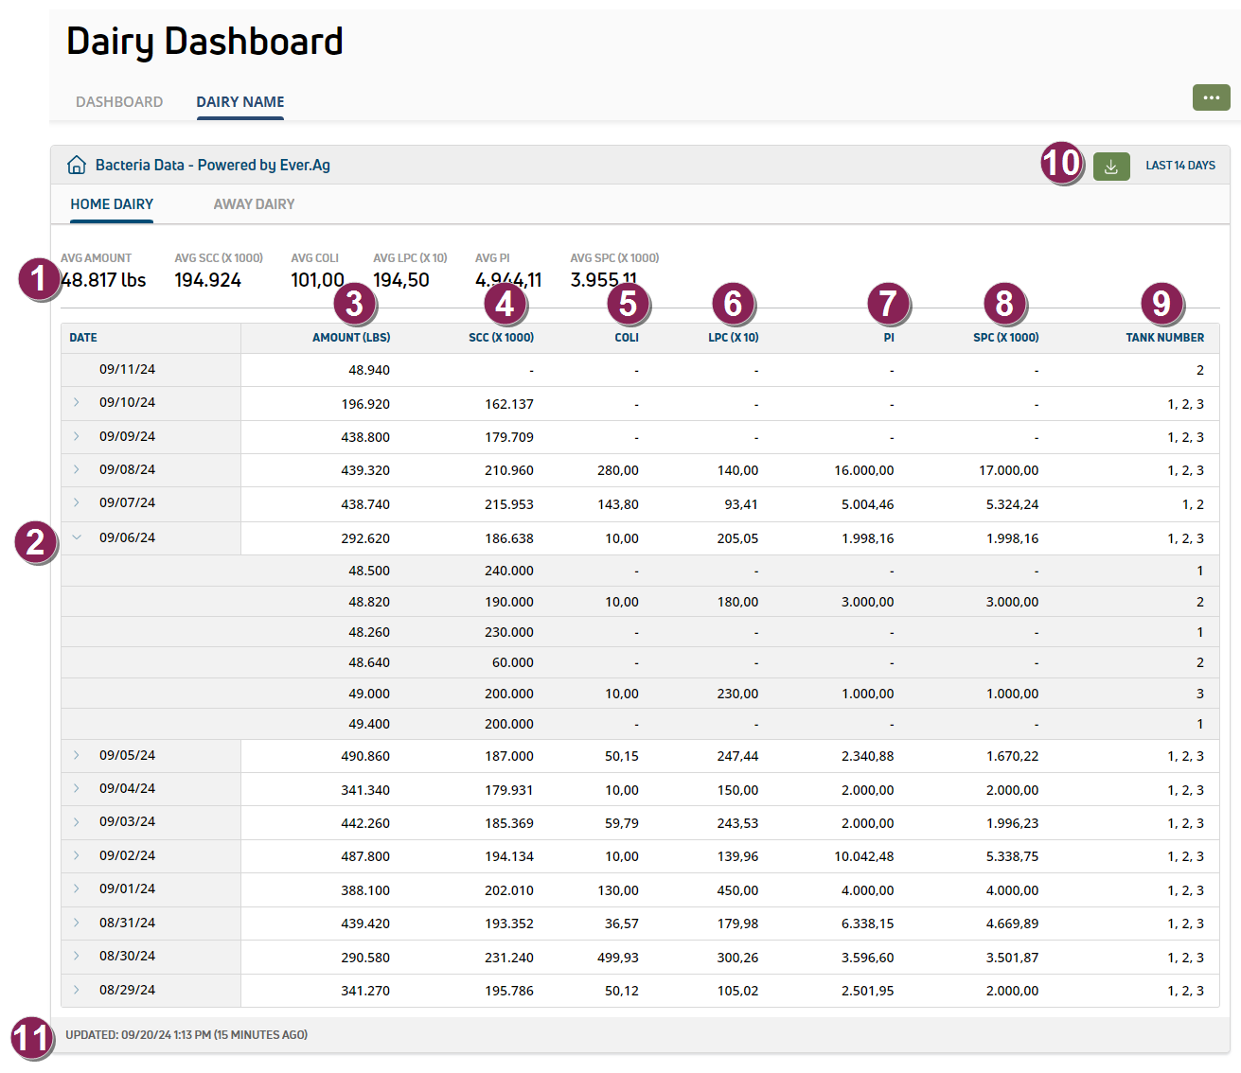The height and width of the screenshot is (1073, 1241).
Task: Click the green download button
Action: pyautogui.click(x=1111, y=167)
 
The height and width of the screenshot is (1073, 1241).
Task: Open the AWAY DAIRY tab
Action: pyautogui.click(x=254, y=204)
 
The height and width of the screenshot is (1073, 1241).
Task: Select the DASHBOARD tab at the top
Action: pyautogui.click(x=119, y=102)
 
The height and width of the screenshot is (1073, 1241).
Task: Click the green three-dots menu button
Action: pyautogui.click(x=1211, y=97)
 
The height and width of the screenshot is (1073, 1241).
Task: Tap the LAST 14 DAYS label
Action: pyautogui.click(x=1180, y=166)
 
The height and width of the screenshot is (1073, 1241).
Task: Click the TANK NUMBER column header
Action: pyautogui.click(x=1164, y=338)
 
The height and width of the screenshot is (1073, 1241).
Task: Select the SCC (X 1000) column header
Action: pyautogui.click(x=501, y=338)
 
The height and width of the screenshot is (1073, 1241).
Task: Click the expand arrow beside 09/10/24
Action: pyautogui.click(x=77, y=403)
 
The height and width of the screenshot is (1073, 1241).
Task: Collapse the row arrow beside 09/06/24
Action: pyautogui.click(x=77, y=537)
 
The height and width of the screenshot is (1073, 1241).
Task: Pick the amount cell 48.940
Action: pyautogui.click(x=369, y=371)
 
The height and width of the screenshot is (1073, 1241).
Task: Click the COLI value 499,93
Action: pyautogui.click(x=617, y=958)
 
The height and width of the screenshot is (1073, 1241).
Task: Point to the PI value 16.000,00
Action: pyautogui.click(x=863, y=470)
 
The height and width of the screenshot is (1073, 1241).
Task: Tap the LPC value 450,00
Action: pyautogui.click(x=737, y=890)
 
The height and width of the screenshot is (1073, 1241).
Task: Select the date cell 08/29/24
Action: pyautogui.click(x=127, y=991)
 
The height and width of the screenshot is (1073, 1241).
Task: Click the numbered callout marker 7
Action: pyautogui.click(x=888, y=304)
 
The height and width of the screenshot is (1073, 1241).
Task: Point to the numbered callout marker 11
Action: pyautogui.click(x=29, y=1038)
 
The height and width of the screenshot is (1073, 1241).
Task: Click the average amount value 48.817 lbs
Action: pyautogui.click(x=103, y=280)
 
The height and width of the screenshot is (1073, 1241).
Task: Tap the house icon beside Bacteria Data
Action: pyautogui.click(x=77, y=166)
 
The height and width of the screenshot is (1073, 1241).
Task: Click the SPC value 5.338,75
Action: pyautogui.click(x=1012, y=856)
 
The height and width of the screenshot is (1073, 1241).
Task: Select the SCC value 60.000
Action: pyautogui.click(x=512, y=663)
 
